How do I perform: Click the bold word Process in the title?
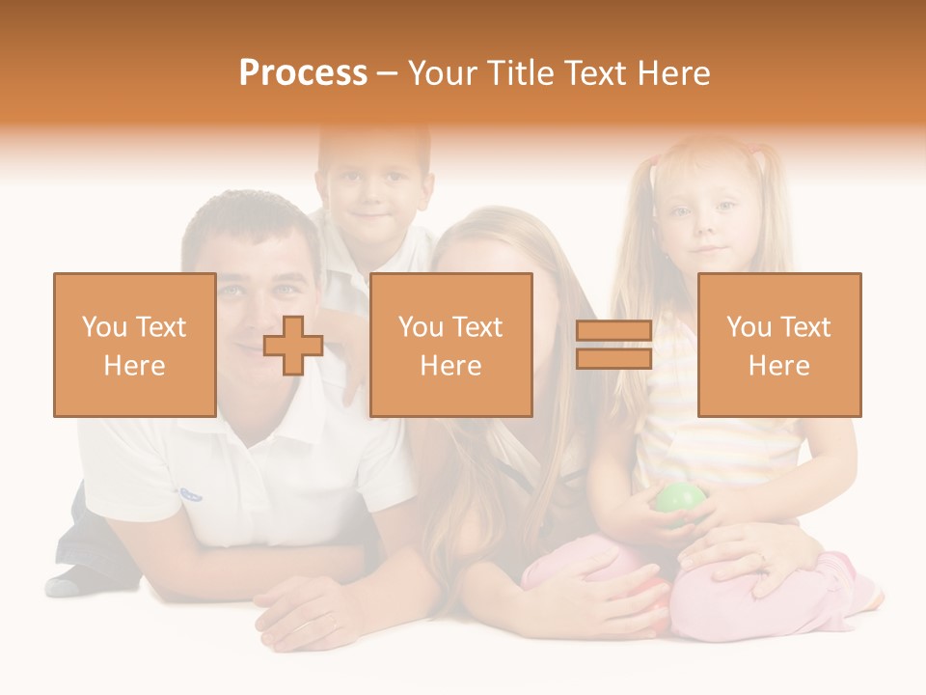[x=303, y=73]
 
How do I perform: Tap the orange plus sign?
[x=293, y=346]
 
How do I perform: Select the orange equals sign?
[x=613, y=345]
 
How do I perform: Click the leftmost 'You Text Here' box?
[x=134, y=345]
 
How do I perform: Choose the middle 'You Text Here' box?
[x=450, y=345]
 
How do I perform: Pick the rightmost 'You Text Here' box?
[x=778, y=345]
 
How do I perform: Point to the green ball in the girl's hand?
[x=680, y=500]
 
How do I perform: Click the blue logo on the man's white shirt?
[x=190, y=494]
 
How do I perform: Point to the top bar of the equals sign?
[x=613, y=330]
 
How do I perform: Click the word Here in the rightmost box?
[x=778, y=366]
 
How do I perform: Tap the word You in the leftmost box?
[x=104, y=326]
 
